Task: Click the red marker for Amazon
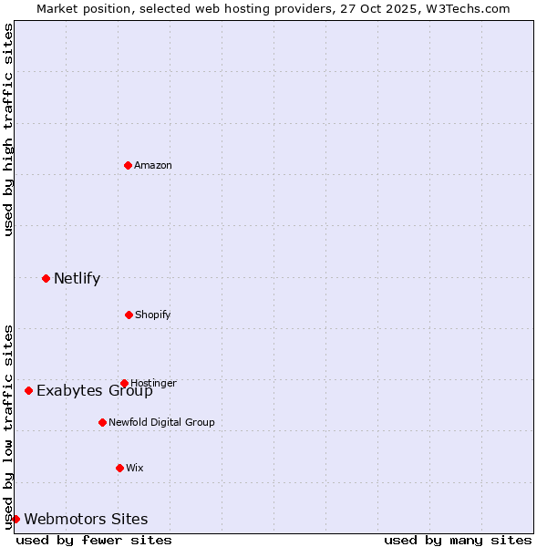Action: pos(128,165)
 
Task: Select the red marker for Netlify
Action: pos(46,278)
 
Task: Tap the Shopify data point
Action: pos(129,315)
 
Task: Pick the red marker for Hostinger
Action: pos(124,383)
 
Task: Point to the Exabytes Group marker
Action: pos(28,390)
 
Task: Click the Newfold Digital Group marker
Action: pos(102,422)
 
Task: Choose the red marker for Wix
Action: pos(119,468)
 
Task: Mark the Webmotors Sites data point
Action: pos(15,519)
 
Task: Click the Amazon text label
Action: pos(153,165)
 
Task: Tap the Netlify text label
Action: pos(77,279)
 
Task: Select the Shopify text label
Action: pos(153,315)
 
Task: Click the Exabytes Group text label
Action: pos(95,391)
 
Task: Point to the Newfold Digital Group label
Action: pos(161,422)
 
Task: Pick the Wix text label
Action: pos(135,468)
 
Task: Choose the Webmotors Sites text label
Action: pos(86,520)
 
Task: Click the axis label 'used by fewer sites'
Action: pos(94,540)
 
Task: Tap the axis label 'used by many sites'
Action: pos(458,540)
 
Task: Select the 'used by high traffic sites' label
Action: pos(8,129)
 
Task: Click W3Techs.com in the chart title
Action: pos(472,8)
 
